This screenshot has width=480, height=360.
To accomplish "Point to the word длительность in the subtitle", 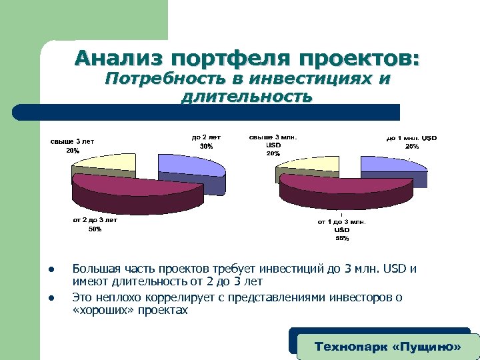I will pos(246,97).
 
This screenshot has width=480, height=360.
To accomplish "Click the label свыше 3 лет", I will pos(72,141).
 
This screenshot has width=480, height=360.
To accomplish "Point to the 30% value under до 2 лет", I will pos(206,146).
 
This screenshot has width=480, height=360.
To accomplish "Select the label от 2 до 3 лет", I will pos(95,219).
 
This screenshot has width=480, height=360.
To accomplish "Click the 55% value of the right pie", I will pos(341,237).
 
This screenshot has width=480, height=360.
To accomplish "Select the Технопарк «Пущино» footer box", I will pos(387,347).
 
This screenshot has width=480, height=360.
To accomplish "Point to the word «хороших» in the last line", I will pos(101,310).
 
